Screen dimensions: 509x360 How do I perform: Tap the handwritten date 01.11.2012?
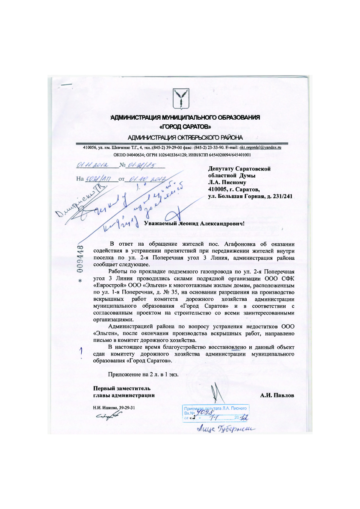[x=91, y=165]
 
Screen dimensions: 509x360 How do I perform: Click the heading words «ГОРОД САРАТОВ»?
[x=185, y=127]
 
